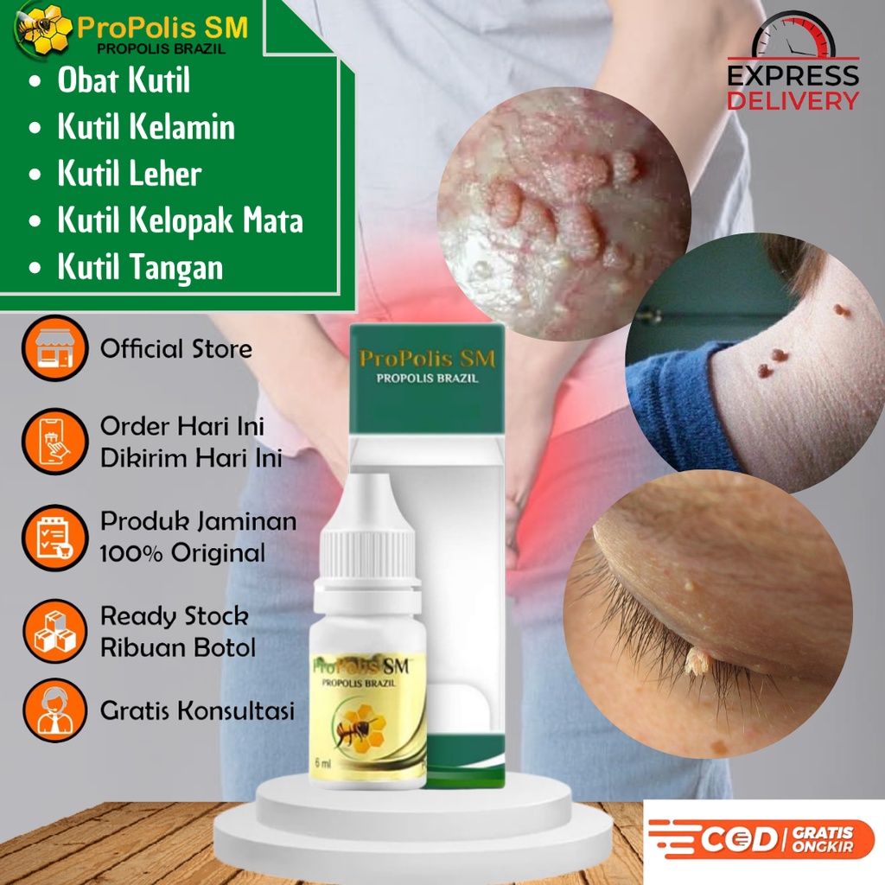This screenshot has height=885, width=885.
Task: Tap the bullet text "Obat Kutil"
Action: pyautogui.click(x=124, y=80)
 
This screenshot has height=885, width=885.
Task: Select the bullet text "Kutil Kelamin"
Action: pyautogui.click(x=146, y=127)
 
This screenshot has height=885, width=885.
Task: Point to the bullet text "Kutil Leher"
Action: pyautogui.click(x=129, y=174)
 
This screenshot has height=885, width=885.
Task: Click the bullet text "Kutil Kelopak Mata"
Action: pyautogui.click(x=180, y=220)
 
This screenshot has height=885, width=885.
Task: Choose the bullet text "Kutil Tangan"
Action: pyautogui.click(x=140, y=267)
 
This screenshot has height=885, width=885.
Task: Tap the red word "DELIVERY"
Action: pyautogui.click(x=793, y=100)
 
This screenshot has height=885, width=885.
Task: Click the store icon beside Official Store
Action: pyautogui.click(x=54, y=349)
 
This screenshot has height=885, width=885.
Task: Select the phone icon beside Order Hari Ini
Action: pyautogui.click(x=54, y=442)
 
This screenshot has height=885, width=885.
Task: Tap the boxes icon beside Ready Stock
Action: pyautogui.click(x=54, y=629)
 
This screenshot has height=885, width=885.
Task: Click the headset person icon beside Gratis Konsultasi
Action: pyautogui.click(x=54, y=710)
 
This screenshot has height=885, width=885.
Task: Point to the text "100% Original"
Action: pyautogui.click(x=182, y=553)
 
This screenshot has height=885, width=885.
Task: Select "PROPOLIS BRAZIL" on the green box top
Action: pyautogui.click(x=427, y=378)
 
